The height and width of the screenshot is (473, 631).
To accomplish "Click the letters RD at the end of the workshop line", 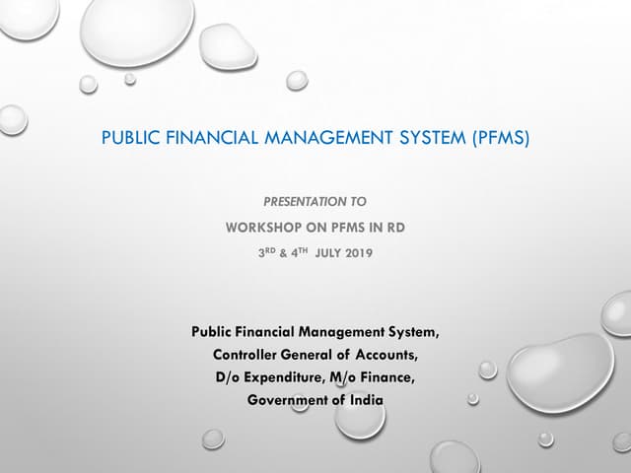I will [395, 227].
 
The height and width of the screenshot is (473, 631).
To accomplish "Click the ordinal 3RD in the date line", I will [267, 251].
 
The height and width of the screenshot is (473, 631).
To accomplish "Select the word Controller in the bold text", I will [247, 355].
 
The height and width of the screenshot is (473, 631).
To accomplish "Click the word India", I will [363, 399].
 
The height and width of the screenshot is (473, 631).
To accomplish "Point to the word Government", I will [289, 399].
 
